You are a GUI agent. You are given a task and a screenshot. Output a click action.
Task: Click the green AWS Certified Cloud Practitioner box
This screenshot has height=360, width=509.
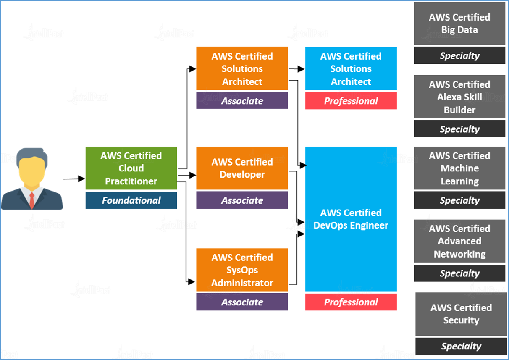coord(131,168)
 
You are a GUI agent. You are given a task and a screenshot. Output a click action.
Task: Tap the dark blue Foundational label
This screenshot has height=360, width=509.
coord(131,200)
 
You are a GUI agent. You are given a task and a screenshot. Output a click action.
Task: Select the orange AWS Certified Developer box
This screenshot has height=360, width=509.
coord(242,168)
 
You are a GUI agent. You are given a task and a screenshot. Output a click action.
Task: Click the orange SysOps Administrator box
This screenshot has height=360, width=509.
coord(242,270)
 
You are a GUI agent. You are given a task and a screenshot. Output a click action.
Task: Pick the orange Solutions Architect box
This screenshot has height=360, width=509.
coord(242,68)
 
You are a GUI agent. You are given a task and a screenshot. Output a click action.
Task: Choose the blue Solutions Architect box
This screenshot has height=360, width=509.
coord(351,68)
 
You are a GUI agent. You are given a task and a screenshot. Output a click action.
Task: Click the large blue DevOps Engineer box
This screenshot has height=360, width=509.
coord(351,219)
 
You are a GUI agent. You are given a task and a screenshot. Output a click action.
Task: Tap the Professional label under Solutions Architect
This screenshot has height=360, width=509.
coord(351,101)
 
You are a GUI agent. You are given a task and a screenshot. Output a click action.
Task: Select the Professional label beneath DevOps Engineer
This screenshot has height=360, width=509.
coord(351,302)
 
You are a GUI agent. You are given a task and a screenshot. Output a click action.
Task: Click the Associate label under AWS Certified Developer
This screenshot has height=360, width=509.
coord(242,200)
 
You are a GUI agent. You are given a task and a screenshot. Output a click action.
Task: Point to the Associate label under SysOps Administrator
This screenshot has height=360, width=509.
coord(242,302)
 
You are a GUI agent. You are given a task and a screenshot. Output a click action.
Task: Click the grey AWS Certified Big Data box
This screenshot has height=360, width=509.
coord(459,24)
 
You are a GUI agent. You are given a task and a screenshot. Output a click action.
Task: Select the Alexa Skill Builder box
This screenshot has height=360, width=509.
coord(459,97)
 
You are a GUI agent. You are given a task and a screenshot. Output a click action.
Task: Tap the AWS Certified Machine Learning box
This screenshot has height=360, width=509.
coord(459,168)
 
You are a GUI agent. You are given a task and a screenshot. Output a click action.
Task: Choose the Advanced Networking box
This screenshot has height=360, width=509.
coord(459,241)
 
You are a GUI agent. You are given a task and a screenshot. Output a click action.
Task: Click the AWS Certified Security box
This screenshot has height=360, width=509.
coord(461,314)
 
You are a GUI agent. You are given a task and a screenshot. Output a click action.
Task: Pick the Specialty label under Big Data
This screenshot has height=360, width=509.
coord(459,55)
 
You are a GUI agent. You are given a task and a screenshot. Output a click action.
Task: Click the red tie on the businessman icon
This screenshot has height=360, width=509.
coord(32,200)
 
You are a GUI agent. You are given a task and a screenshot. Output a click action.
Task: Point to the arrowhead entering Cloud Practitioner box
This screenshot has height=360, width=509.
coord(81,179)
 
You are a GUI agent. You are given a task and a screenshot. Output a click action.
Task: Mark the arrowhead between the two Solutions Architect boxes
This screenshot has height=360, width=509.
coord(301,69)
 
